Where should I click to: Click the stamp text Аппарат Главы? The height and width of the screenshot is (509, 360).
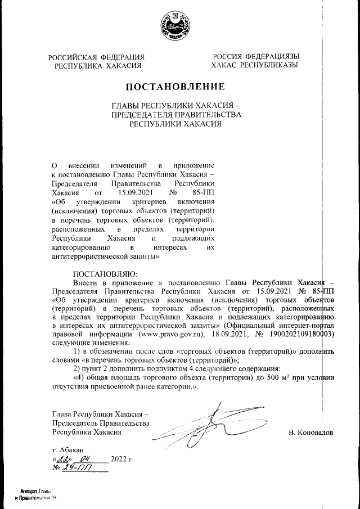tap(37, 491)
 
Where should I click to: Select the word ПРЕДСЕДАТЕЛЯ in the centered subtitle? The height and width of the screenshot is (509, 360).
tap(143, 114)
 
